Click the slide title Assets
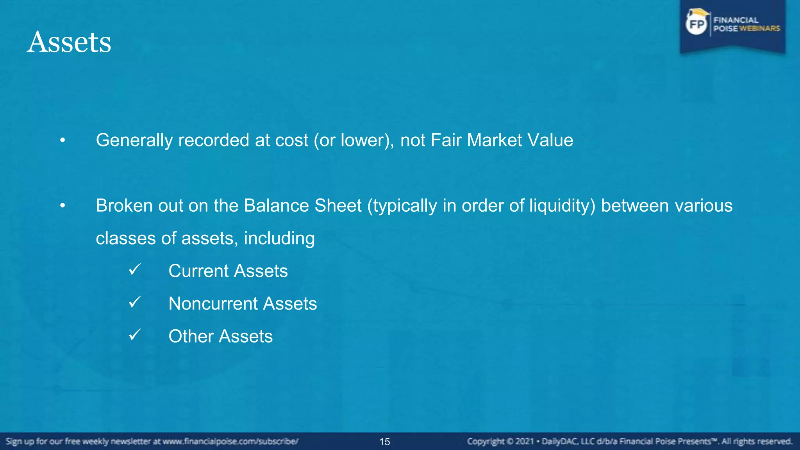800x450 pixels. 69,42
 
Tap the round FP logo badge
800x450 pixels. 696,24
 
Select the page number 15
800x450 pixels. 385,442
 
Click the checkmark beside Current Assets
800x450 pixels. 134,269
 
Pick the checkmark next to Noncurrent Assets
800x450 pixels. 134,302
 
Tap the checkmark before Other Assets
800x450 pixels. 134,335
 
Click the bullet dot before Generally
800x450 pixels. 62,140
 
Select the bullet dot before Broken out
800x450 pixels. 62,206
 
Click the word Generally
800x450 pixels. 134,140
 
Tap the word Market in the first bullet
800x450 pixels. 494,140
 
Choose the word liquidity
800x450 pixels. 562,206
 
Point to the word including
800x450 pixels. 279,238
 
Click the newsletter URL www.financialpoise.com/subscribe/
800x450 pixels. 230,442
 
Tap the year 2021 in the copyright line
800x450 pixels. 525,442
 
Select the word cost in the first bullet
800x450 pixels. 291,140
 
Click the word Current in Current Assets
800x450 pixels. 198,271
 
